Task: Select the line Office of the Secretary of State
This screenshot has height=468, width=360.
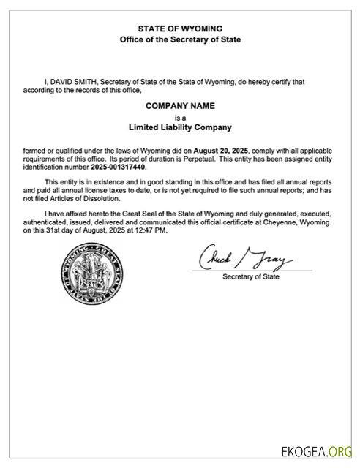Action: (180, 39)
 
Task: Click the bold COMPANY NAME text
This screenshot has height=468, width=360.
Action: (180, 106)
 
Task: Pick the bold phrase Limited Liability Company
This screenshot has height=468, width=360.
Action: (180, 127)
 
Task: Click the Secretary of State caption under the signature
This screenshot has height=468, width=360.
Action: (251, 277)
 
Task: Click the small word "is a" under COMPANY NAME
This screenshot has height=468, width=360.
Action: (180, 116)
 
